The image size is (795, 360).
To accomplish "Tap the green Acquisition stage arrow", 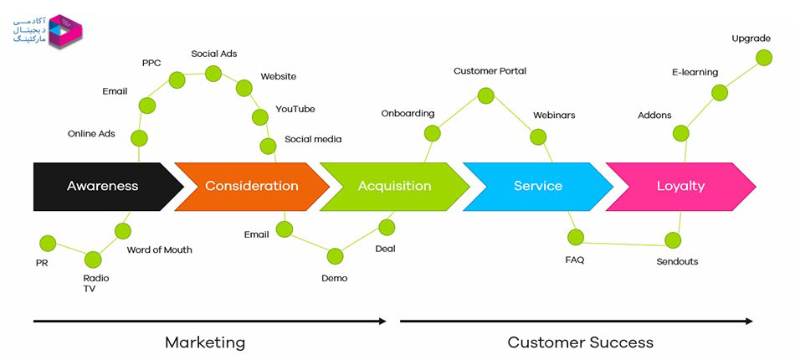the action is [394, 187].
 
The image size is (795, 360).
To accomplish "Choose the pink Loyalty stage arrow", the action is [681, 187].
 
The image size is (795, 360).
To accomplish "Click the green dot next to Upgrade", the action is [764, 57].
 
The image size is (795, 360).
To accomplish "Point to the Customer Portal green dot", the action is [485, 95].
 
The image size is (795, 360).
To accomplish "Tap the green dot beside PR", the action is [48, 244].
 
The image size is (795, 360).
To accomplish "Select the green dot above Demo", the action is [335, 256].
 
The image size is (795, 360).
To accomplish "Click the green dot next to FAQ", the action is [576, 237].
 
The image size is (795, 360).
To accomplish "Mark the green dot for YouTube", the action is [260, 117].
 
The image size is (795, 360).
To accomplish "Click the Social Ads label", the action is [214, 54].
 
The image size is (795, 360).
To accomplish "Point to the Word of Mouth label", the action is [159, 250].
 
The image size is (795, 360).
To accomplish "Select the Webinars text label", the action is [554, 115].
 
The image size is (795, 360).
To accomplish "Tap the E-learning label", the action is [695, 73].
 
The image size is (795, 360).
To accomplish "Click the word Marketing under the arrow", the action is [205, 342].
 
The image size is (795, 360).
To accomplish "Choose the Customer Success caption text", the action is [581, 342].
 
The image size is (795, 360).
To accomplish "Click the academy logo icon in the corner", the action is [65, 32].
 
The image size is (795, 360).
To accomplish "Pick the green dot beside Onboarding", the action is [432, 133].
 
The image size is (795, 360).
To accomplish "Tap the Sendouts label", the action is [677, 262].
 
